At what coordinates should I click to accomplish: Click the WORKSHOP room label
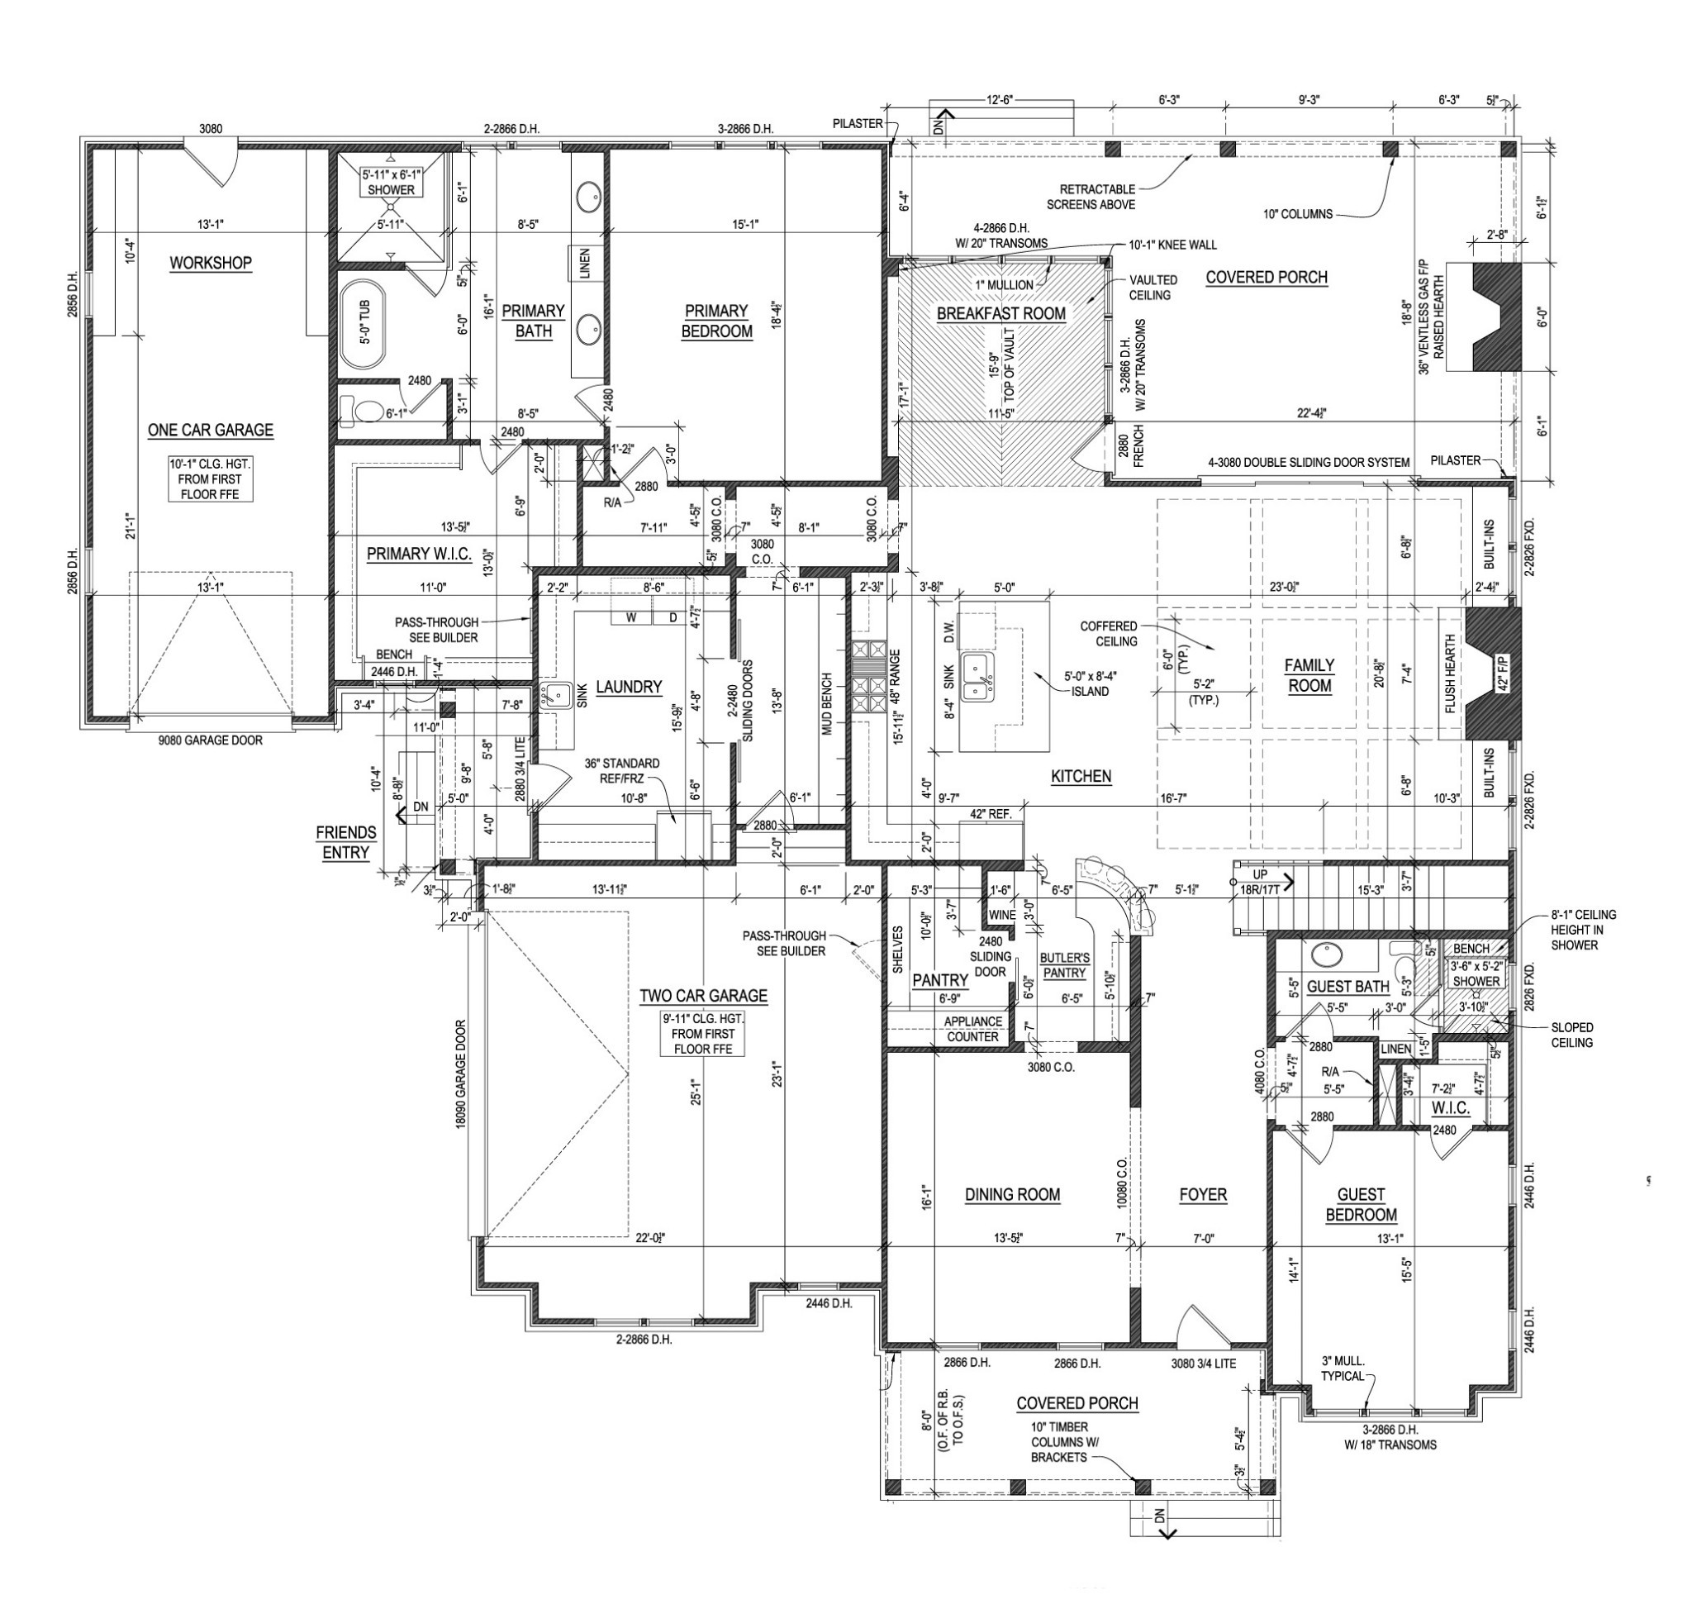click(x=210, y=263)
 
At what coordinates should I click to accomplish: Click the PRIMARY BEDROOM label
click(x=717, y=321)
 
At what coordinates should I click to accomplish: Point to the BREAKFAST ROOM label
click(x=1000, y=314)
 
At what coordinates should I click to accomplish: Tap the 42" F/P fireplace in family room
click(x=1490, y=674)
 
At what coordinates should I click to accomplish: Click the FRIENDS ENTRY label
click(x=345, y=842)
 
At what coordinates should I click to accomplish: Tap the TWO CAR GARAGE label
click(x=703, y=996)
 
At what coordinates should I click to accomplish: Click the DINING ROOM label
click(x=1012, y=1195)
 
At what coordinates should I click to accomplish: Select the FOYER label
click(x=1202, y=1195)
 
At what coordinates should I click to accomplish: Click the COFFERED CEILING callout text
click(x=1109, y=634)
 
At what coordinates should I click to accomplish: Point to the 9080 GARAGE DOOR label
click(x=210, y=740)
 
